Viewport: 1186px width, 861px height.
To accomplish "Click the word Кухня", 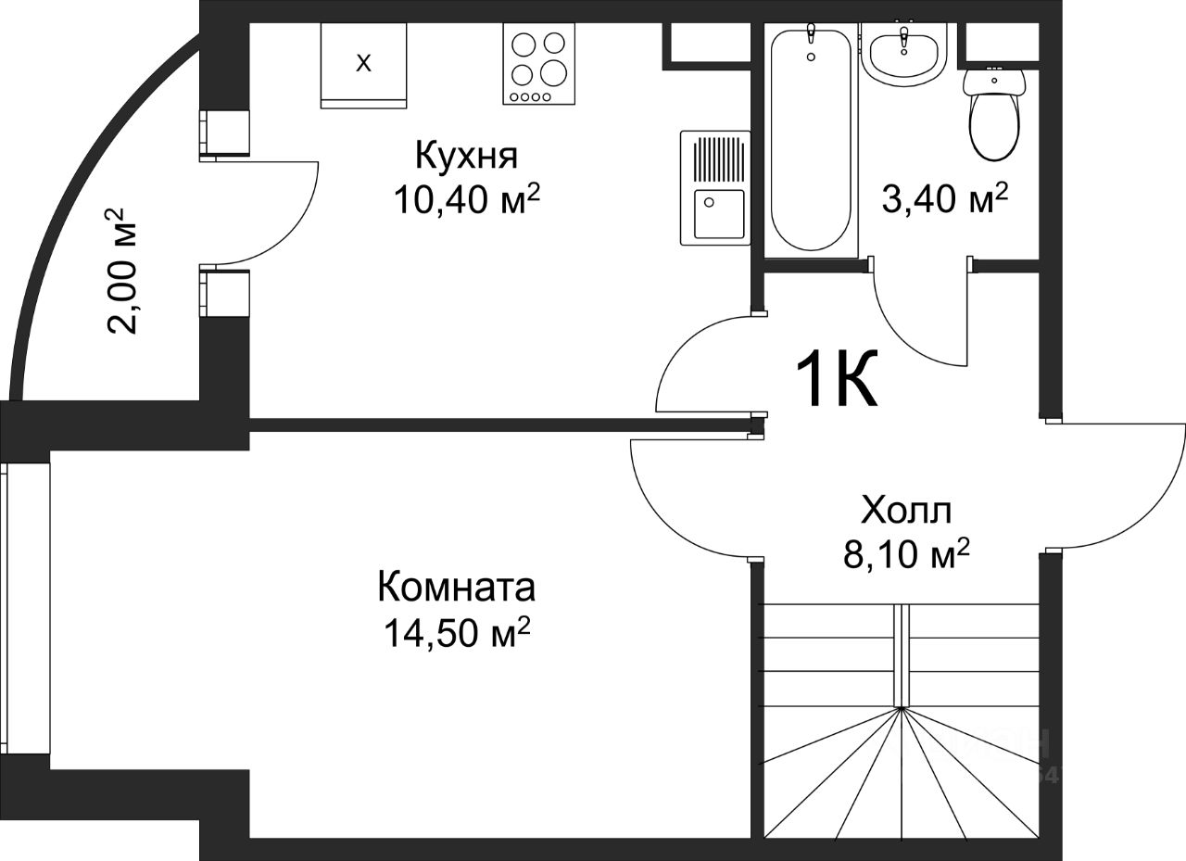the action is [466, 156].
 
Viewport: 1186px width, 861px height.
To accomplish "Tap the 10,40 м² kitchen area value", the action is [466, 199].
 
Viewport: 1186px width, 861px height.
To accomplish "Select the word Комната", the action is [457, 588].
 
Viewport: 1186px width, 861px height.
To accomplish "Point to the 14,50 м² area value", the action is [457, 632].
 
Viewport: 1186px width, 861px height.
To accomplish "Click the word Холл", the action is [906, 510].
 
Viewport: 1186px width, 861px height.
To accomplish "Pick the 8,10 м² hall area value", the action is [906, 554].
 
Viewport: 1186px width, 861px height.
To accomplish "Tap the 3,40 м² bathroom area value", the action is [945, 198].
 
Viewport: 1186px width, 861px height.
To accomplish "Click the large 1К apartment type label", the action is [837, 379].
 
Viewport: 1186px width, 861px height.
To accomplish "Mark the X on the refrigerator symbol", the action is [363, 64].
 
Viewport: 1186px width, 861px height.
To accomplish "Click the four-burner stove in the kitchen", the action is [538, 64].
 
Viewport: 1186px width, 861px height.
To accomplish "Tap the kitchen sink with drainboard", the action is [715, 188].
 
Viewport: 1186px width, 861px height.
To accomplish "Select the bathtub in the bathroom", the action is [811, 140].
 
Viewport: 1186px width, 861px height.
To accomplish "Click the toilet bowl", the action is [994, 114].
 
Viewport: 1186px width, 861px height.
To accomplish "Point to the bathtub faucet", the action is [811, 35].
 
